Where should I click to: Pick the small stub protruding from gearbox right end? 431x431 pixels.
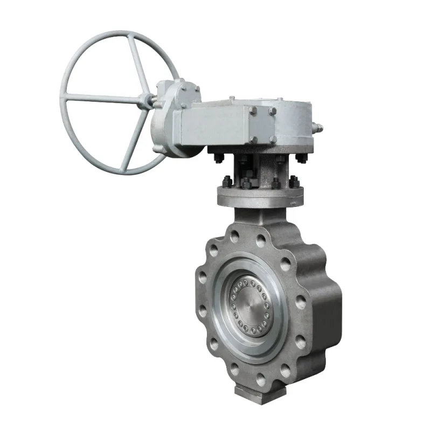pos(319,129)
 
